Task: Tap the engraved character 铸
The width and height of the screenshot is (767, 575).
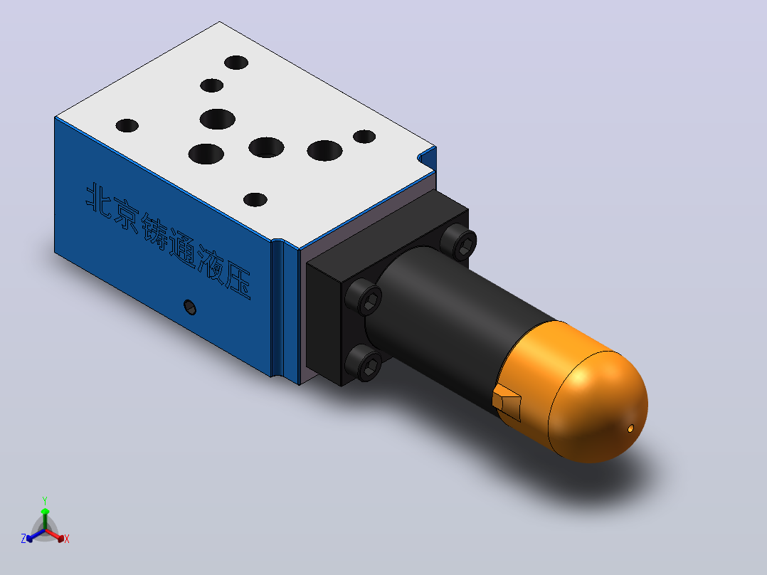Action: pyautogui.click(x=156, y=233)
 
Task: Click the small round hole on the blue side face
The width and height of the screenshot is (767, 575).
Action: pyautogui.click(x=190, y=307)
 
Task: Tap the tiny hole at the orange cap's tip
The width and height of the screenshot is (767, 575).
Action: pyautogui.click(x=630, y=428)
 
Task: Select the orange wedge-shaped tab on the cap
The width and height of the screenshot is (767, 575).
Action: pyautogui.click(x=507, y=401)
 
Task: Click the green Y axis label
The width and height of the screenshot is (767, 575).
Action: pyautogui.click(x=45, y=500)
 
